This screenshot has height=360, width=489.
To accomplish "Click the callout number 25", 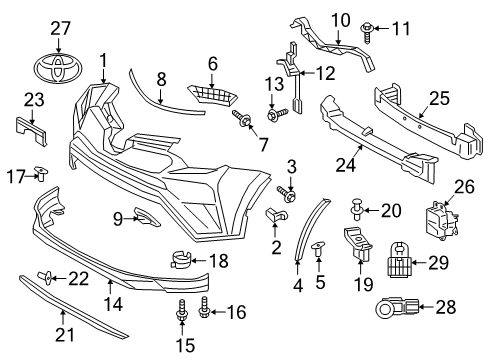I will click(441, 98).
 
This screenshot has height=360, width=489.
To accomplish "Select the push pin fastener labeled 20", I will click(356, 210).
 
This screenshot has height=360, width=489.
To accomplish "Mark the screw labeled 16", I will click(206, 312).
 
